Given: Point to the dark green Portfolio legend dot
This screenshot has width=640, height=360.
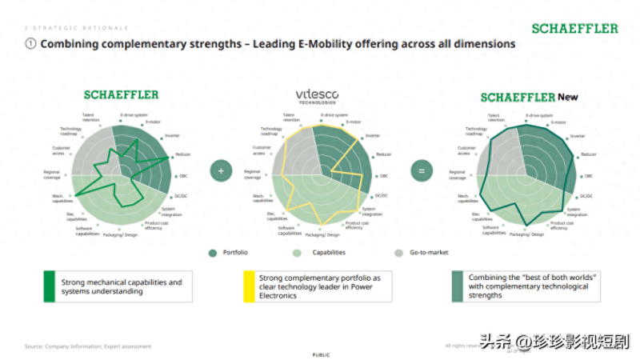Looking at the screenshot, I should point(213,253).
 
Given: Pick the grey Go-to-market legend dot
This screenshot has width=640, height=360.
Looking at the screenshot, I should point(398,253).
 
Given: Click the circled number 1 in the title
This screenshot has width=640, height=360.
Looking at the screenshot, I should point(30,44).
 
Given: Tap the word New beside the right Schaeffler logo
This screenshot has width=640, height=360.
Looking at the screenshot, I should point(568,97).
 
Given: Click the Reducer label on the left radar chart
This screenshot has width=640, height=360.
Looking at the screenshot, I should point(184,154).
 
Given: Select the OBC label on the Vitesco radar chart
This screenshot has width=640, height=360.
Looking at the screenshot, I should point(384,175).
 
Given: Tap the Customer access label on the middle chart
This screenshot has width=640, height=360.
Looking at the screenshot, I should point(264,150).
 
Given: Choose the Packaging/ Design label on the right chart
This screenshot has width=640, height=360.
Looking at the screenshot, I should point(526,234).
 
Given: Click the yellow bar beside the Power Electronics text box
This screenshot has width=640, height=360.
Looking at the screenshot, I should point(246,286).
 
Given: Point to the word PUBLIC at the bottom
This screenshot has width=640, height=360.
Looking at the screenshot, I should point(321,354).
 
